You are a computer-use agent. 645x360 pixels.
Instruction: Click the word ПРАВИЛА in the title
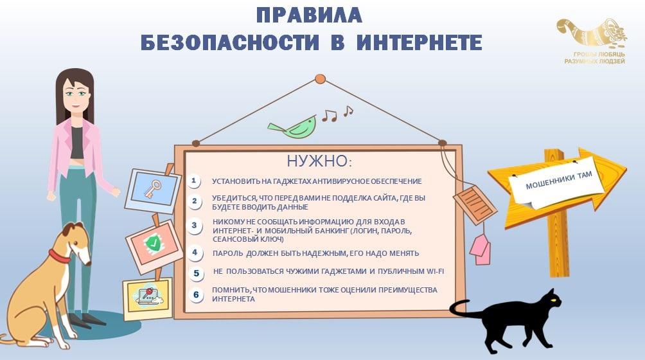click(309, 15)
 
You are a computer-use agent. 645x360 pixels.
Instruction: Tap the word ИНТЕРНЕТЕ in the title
click(419, 42)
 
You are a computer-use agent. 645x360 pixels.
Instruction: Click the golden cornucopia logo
click(592, 33)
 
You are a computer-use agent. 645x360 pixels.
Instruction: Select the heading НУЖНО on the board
click(319, 161)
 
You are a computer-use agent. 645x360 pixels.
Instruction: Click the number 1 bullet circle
click(194, 181)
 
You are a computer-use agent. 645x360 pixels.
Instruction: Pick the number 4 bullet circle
click(195, 253)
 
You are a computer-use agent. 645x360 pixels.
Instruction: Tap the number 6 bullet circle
click(196, 294)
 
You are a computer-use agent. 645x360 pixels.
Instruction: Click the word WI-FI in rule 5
click(436, 271)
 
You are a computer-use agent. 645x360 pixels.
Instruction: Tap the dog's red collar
click(59, 256)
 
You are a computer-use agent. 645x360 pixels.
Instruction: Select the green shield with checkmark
click(153, 244)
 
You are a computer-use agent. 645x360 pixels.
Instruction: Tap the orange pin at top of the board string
click(320, 79)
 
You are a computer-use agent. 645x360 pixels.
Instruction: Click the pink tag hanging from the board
click(480, 249)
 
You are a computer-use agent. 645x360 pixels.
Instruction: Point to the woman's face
click(76, 95)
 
